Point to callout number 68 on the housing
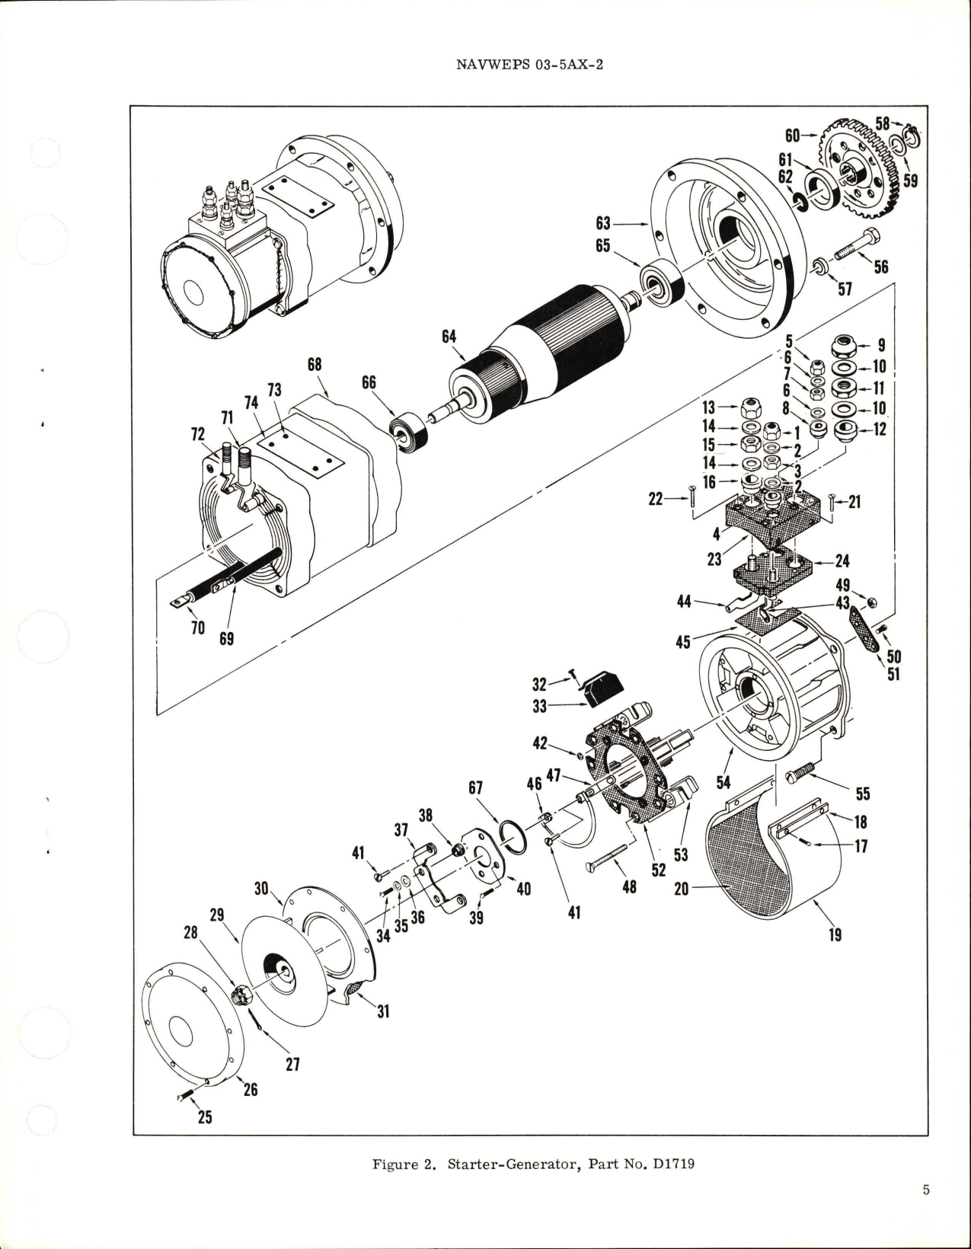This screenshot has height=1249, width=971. [315, 366]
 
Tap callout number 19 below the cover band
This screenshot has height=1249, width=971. [835, 934]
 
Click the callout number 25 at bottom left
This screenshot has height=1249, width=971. [205, 1117]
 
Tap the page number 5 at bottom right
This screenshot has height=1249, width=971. [925, 1211]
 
